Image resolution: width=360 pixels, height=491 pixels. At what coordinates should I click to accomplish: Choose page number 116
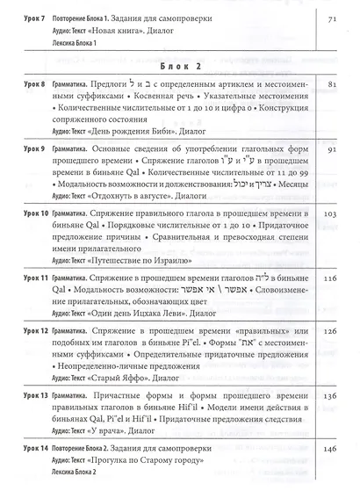tap(330, 278)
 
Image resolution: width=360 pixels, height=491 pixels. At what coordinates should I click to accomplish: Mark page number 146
tap(330, 450)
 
